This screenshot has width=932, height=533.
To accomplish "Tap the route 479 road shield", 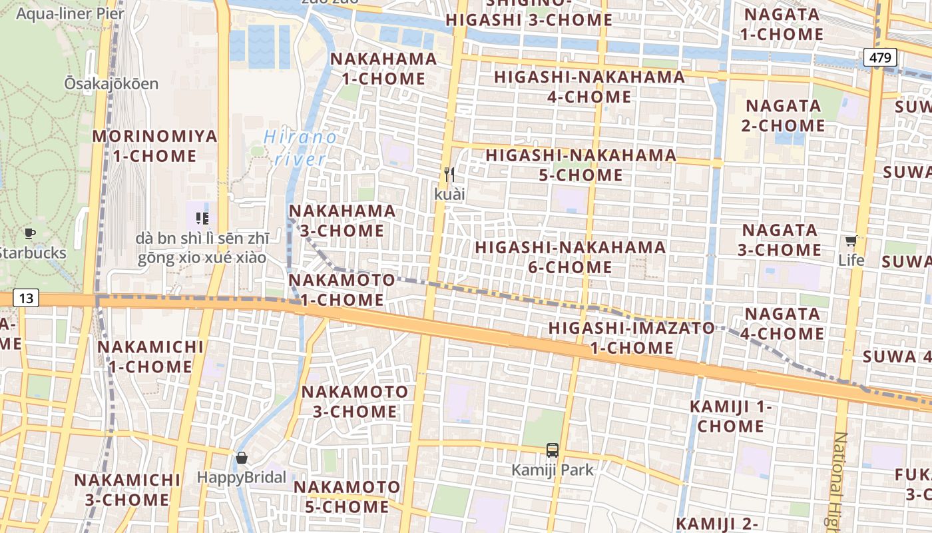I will pos(879,57).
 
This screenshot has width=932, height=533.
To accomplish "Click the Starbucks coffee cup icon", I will pos(29,233).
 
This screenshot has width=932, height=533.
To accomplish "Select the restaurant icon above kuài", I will pos(449,175).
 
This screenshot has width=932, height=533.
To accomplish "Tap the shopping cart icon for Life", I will pos(851,241).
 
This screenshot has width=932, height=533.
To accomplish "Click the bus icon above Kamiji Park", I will pos(552,450).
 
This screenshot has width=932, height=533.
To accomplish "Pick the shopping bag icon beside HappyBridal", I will pos(242,458).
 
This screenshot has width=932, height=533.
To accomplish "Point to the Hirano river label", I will pos(300,148).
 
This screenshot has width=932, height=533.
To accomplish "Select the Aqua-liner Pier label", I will pos(70,13).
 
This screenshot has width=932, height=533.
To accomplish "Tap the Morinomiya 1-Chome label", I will pos(154,146).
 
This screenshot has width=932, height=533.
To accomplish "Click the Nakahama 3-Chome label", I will pos(342,221).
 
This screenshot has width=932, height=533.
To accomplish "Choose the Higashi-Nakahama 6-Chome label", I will pos(571,257).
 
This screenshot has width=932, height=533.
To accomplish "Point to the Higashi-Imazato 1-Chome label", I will pos(631,337).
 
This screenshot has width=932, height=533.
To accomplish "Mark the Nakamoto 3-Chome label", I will pos(355,401).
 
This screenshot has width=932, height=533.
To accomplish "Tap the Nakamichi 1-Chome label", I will pos(150,356).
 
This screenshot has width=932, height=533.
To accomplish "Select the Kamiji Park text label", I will pos(552,470).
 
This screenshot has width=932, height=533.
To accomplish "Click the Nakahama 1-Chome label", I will pos(383,69).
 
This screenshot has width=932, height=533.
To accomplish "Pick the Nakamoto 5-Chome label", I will pos(347,496).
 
